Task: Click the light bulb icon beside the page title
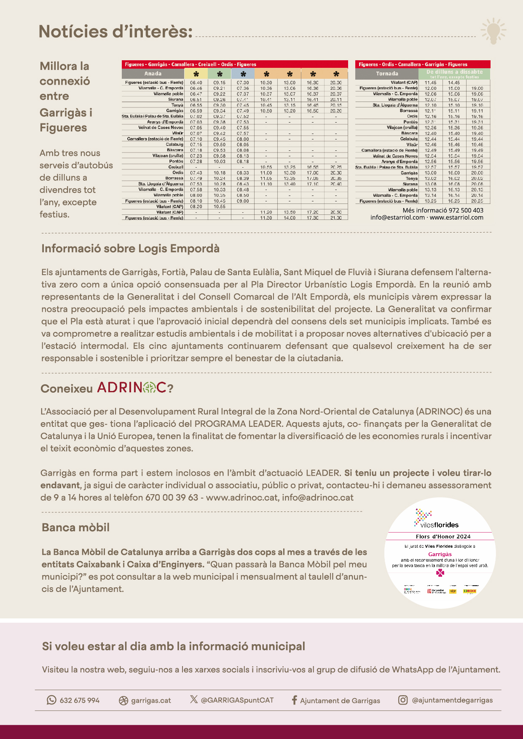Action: click(x=493, y=31)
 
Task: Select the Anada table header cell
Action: click(x=153, y=74)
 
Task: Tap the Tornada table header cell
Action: click(x=387, y=74)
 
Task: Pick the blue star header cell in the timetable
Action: click(x=243, y=74)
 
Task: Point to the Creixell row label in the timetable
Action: click(x=176, y=167)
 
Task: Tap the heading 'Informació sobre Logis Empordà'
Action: click(x=130, y=249)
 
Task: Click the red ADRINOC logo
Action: click(x=132, y=387)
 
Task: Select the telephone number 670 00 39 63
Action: click(x=172, y=498)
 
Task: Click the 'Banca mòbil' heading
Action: click(x=75, y=527)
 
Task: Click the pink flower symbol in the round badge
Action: click(x=440, y=573)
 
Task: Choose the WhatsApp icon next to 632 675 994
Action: click(x=51, y=700)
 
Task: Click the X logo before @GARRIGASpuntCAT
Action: click(x=193, y=699)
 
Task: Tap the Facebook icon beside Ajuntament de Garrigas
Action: click(x=294, y=700)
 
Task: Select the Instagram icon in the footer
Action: click(x=403, y=700)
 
